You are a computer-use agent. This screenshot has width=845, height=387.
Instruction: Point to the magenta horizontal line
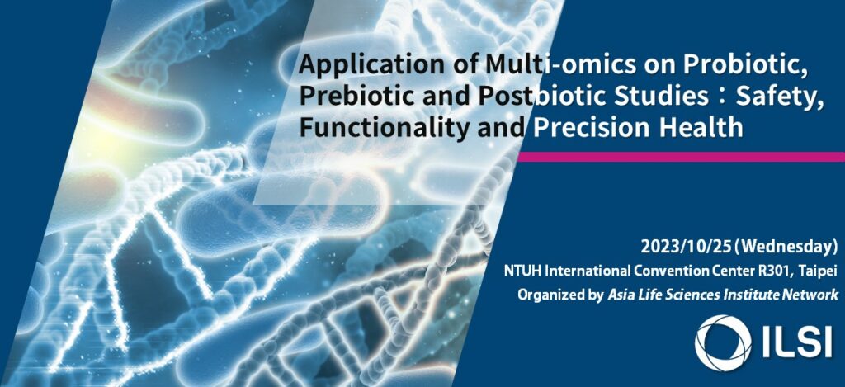point(681,157)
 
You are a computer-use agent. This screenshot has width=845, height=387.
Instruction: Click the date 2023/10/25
point(686,247)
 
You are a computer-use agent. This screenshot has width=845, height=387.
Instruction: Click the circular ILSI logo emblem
point(723,342)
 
